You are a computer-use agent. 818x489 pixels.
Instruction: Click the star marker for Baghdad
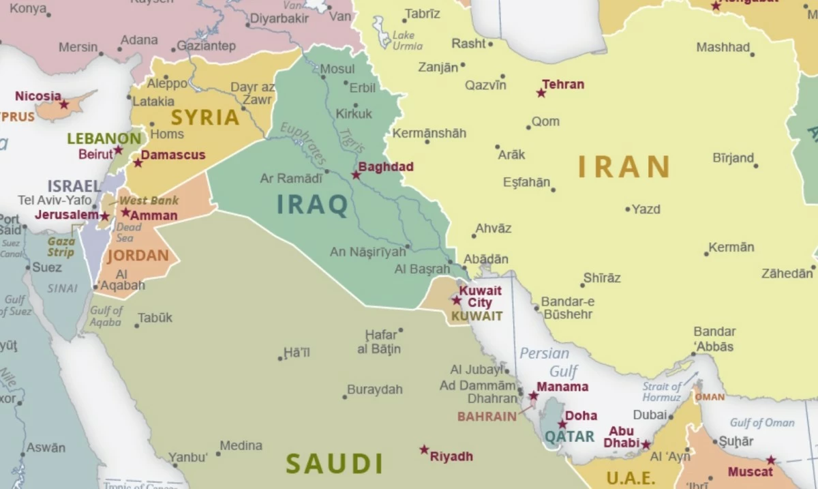pyautogui.click(x=356, y=175)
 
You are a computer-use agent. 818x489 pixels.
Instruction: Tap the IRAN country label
pyautogui.click(x=624, y=167)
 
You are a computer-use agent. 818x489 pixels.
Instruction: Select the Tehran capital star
pyautogui.click(x=541, y=93)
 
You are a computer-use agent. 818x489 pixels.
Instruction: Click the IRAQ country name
pyautogui.click(x=313, y=205)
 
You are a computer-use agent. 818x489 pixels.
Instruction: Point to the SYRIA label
pyautogui.click(x=205, y=117)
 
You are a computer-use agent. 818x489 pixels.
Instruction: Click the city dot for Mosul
pyautogui.click(x=324, y=77)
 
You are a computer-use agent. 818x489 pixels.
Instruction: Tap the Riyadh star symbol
pyautogui.click(x=424, y=450)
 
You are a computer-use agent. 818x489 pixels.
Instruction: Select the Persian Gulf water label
pyautogui.click(x=548, y=362)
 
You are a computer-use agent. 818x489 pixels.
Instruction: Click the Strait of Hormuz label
pyautogui.click(x=661, y=392)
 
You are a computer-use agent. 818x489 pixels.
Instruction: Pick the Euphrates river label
pyautogui.click(x=300, y=144)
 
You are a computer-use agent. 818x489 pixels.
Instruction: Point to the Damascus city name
pyautogui.click(x=173, y=155)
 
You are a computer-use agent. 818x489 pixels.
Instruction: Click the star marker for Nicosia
pyautogui.click(x=64, y=105)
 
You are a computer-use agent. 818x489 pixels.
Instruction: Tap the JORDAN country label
pyautogui.click(x=138, y=256)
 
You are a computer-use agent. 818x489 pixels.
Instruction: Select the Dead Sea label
pyautogui.click(x=128, y=233)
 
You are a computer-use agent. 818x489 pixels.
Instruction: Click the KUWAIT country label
pyautogui.click(x=476, y=316)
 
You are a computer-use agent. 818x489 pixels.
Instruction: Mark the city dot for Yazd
pyautogui.click(x=628, y=209)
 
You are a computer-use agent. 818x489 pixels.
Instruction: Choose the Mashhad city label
pyautogui.click(x=723, y=48)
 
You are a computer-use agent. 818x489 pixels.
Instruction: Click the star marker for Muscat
pyautogui.click(x=771, y=460)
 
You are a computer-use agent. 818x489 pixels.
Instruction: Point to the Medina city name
pyautogui.click(x=241, y=445)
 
